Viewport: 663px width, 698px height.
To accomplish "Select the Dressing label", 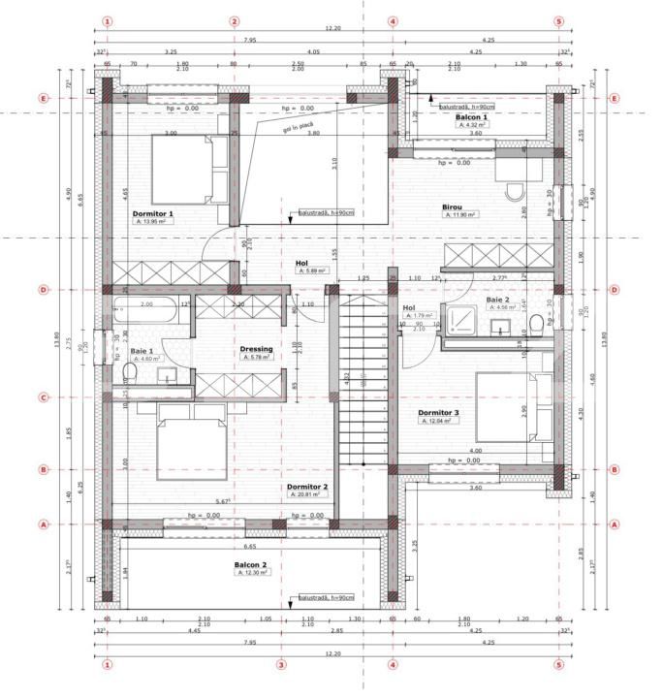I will (x=256, y=349).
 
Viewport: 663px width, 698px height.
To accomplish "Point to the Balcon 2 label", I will (x=250, y=564).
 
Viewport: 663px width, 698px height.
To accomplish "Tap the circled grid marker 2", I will (x=234, y=20).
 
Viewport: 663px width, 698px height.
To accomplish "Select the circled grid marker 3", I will (x=281, y=665).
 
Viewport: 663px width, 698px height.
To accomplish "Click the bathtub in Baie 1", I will (x=145, y=312).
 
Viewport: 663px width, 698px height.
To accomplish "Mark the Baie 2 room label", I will (x=499, y=301).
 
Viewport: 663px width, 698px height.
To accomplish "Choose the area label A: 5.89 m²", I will (x=312, y=271).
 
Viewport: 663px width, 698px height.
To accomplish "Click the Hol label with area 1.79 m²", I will (x=408, y=308).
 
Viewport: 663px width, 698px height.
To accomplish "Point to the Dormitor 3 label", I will (x=438, y=413).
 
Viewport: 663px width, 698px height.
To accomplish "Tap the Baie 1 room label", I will (x=142, y=351).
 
